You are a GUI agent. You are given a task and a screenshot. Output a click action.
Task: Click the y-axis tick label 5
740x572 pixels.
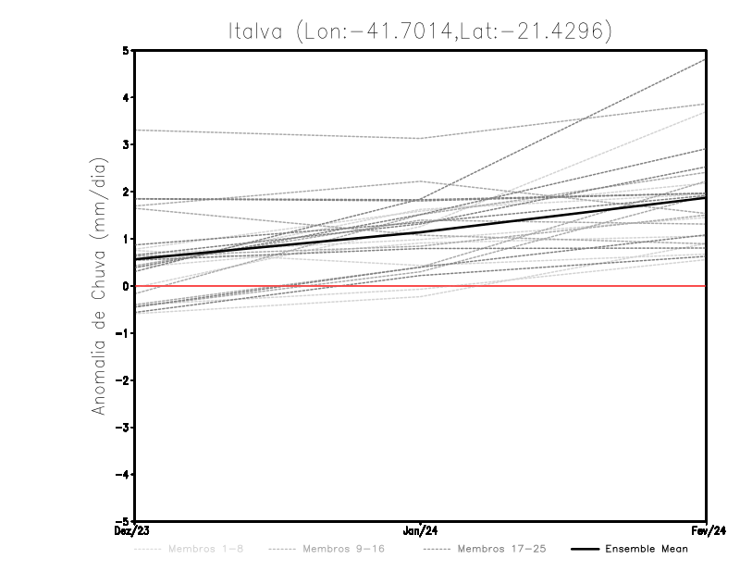click(125, 50)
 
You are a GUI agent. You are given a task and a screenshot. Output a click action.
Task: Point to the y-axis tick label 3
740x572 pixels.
click(125, 144)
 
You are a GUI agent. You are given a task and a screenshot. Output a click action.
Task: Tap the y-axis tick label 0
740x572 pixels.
click(125, 286)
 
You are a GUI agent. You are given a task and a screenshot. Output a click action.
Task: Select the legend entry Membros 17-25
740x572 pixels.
click(502, 549)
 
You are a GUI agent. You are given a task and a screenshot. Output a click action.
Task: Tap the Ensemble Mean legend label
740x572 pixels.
click(647, 549)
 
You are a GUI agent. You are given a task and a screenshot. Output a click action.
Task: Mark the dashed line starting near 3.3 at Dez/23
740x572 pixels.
click(277, 134)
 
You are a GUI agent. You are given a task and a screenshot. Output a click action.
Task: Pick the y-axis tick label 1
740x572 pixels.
click(125, 239)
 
